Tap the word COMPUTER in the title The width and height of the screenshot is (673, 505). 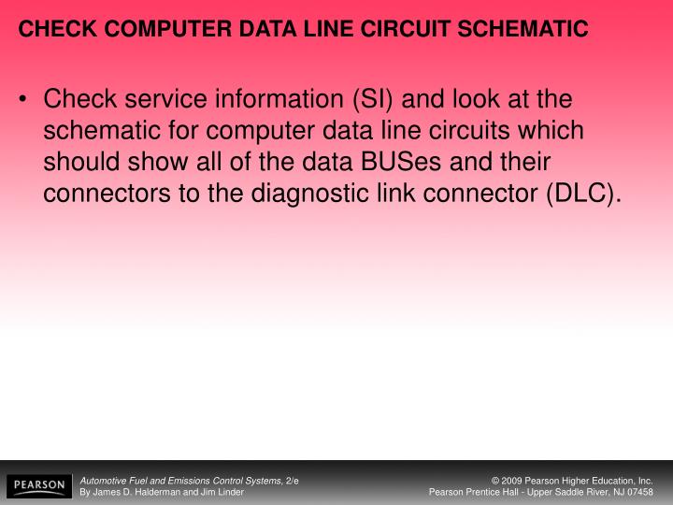pos(152,30)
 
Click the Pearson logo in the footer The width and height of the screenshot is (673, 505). pos(37,485)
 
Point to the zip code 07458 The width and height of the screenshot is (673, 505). pos(639,492)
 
